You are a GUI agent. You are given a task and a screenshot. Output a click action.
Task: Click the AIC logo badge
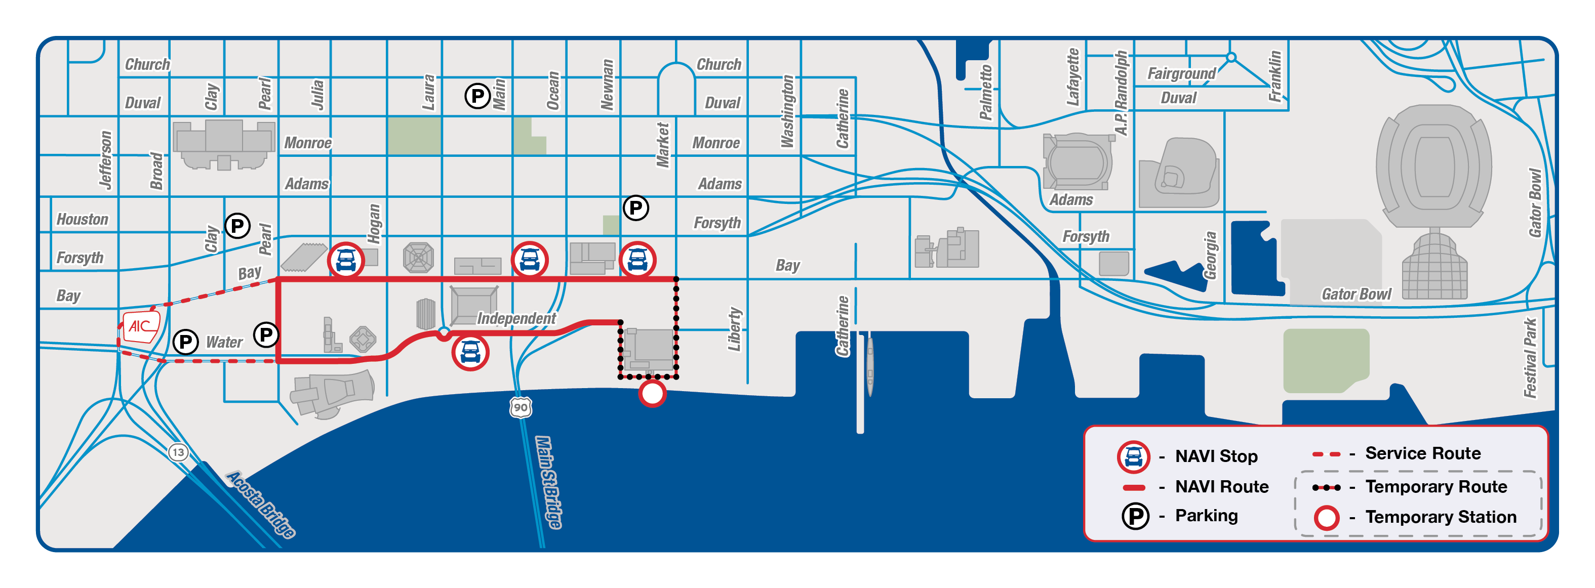click(141, 326)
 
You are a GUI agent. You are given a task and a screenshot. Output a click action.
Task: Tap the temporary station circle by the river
click(652, 393)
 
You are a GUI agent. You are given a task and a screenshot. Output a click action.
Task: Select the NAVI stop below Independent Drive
click(470, 352)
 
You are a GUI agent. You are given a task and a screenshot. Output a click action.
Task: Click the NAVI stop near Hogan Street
click(346, 260)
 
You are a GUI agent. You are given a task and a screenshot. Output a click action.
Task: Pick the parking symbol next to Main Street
click(477, 96)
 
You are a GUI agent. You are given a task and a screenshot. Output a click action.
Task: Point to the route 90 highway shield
click(521, 407)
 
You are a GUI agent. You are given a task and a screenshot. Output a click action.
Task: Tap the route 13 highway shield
click(178, 452)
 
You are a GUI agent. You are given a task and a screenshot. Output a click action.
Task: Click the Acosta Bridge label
click(261, 504)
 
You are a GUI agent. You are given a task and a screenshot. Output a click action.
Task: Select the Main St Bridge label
click(548, 482)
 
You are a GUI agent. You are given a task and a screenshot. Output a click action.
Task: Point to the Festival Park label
click(1530, 358)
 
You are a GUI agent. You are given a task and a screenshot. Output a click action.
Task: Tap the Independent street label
click(516, 318)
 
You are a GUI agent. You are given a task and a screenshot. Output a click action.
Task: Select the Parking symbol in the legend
click(1136, 516)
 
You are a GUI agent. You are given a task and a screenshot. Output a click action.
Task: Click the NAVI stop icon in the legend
click(1133, 457)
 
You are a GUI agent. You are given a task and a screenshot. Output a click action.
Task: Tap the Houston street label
click(83, 219)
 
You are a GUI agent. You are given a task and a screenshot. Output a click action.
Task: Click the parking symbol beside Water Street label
click(185, 342)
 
